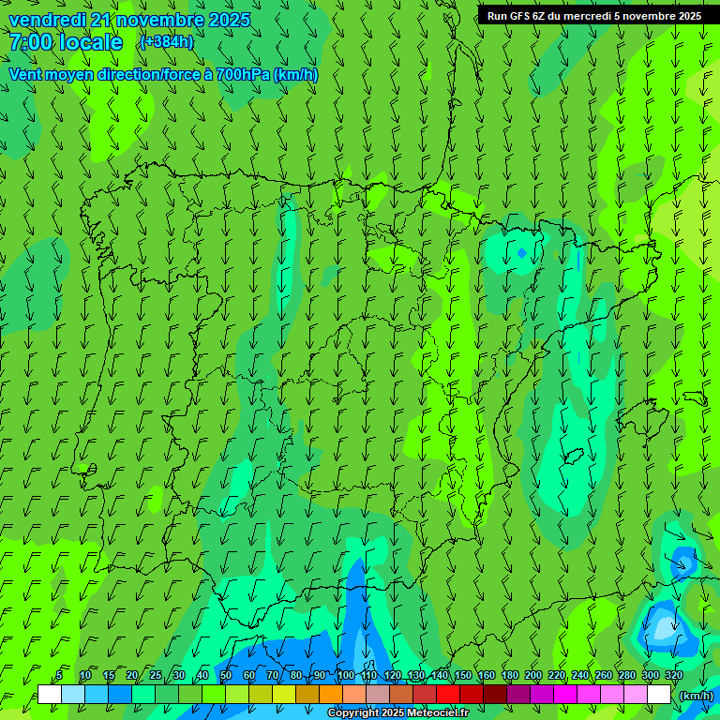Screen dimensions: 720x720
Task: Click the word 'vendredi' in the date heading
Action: (x=45, y=20)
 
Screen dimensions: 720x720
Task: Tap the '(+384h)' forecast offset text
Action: (x=167, y=41)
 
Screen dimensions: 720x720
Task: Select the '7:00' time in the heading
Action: (x=30, y=42)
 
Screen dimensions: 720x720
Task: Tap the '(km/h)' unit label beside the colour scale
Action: (x=697, y=696)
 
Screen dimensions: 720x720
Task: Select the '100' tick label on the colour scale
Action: (x=346, y=676)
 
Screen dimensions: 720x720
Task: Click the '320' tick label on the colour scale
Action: (x=673, y=676)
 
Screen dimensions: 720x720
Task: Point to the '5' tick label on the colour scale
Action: (x=59, y=676)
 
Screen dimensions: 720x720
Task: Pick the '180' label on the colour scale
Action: (x=509, y=676)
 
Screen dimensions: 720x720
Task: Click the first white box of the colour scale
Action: (x=50, y=695)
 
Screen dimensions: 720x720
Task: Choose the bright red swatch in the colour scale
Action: (x=448, y=695)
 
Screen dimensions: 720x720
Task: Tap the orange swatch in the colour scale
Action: (x=331, y=695)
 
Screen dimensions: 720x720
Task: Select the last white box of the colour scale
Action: (x=659, y=695)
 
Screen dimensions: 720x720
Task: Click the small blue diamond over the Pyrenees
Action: (x=522, y=252)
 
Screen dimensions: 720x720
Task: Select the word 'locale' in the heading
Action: (x=91, y=42)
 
